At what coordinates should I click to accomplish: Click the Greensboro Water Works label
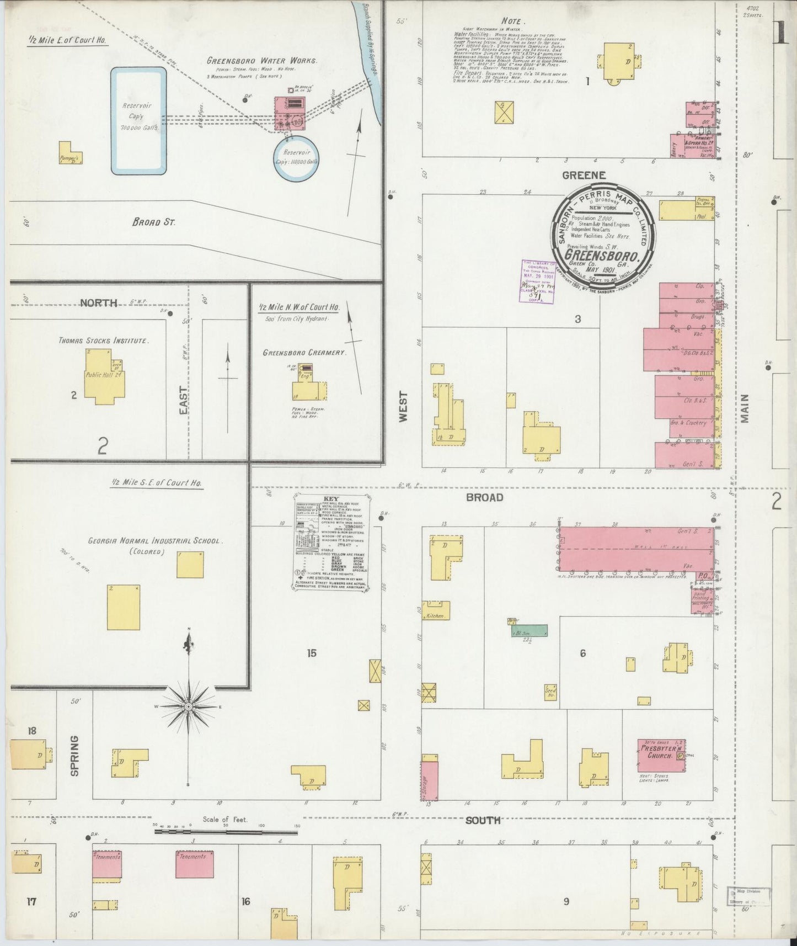(262, 61)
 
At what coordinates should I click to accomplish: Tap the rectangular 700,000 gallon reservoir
(138, 121)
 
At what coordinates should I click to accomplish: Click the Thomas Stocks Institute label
(103, 341)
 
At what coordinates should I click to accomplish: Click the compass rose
(189, 706)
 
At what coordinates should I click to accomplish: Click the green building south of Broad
(529, 630)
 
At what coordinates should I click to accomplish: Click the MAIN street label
(745, 408)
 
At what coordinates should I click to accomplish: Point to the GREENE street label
(584, 175)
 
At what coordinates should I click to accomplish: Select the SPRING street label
(75, 755)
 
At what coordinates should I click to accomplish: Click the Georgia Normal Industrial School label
(154, 541)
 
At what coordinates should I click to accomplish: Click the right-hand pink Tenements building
(195, 864)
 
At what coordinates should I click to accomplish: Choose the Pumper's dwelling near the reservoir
(71, 153)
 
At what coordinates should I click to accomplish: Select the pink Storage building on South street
(430, 780)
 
